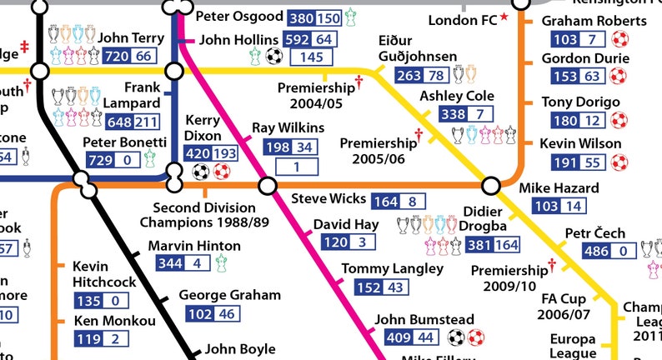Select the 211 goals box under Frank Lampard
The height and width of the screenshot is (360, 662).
click(x=146, y=122)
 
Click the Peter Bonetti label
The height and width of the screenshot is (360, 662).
click(x=124, y=142)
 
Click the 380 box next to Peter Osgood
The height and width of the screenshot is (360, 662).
click(x=301, y=17)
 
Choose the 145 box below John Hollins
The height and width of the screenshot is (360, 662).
click(x=312, y=57)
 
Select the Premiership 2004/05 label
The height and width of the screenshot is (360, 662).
click(x=316, y=95)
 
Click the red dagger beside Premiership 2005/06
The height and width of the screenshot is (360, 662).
click(x=419, y=134)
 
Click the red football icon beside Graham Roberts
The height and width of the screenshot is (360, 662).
click(x=619, y=39)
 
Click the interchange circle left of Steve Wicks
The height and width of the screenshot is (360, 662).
click(x=268, y=184)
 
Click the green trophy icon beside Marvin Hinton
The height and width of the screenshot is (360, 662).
click(x=222, y=264)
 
